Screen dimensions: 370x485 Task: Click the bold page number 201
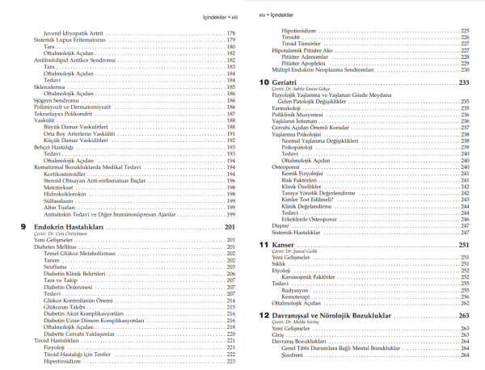(x=230, y=228)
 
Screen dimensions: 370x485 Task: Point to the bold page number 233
(x=464, y=82)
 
